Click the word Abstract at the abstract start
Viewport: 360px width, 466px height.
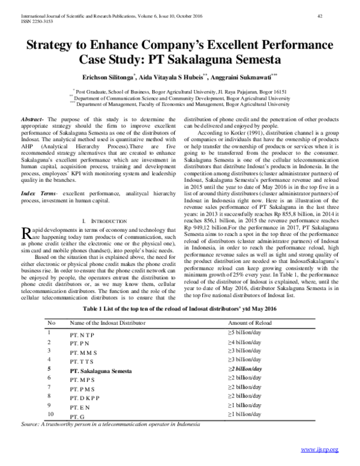click(x=32, y=120)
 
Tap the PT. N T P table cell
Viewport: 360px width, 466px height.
click(x=83, y=333)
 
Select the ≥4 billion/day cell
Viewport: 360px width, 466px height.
click(x=244, y=342)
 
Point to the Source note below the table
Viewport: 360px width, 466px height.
click(x=111, y=425)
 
